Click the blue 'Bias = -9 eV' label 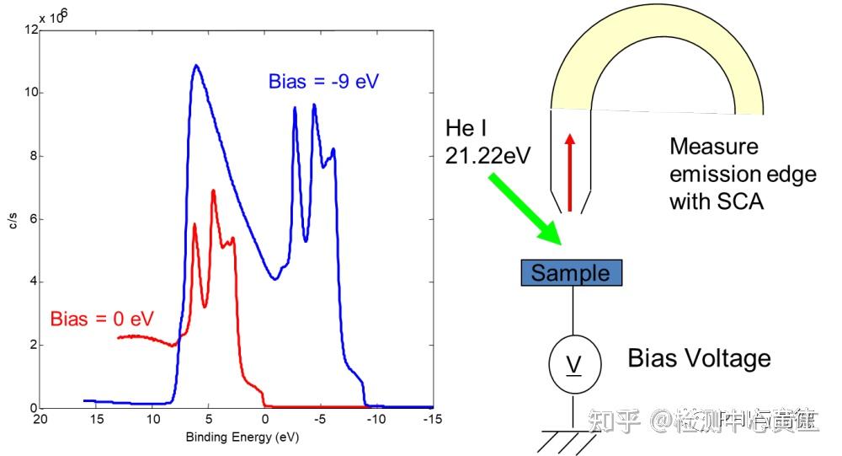(329, 82)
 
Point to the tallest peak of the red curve (214, 190)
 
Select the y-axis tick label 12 (31, 30)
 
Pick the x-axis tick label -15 (430, 419)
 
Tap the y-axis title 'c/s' (12, 221)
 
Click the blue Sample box (572, 273)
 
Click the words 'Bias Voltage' (699, 358)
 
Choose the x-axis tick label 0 (265, 419)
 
